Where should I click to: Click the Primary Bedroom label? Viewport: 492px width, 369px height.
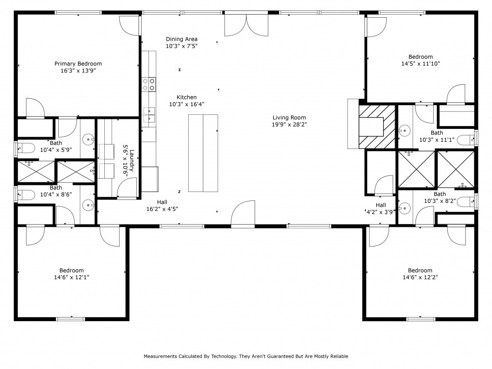pos(78,64)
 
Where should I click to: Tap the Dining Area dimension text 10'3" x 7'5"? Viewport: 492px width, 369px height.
pos(182,46)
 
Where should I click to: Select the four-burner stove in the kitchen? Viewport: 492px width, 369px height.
pos(149,84)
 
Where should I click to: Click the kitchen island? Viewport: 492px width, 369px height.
pos(203,153)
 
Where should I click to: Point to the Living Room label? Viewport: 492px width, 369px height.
pos(289,118)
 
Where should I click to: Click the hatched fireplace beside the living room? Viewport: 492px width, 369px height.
pos(377,127)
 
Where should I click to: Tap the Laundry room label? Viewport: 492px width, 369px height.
pos(132,161)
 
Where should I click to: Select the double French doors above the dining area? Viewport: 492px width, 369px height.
pos(246,25)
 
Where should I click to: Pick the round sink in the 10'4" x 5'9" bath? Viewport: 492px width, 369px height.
pos(88,139)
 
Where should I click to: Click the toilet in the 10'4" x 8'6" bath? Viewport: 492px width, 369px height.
pos(26,195)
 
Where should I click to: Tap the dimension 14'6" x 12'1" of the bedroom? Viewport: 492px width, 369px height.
pos(72,277)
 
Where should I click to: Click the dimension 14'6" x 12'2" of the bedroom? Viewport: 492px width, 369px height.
pos(420,277)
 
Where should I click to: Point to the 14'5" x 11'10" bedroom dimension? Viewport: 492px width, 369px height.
pos(420,64)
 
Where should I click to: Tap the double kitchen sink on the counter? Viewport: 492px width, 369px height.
pos(149,115)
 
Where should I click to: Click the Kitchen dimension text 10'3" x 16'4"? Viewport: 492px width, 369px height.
pos(187,104)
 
